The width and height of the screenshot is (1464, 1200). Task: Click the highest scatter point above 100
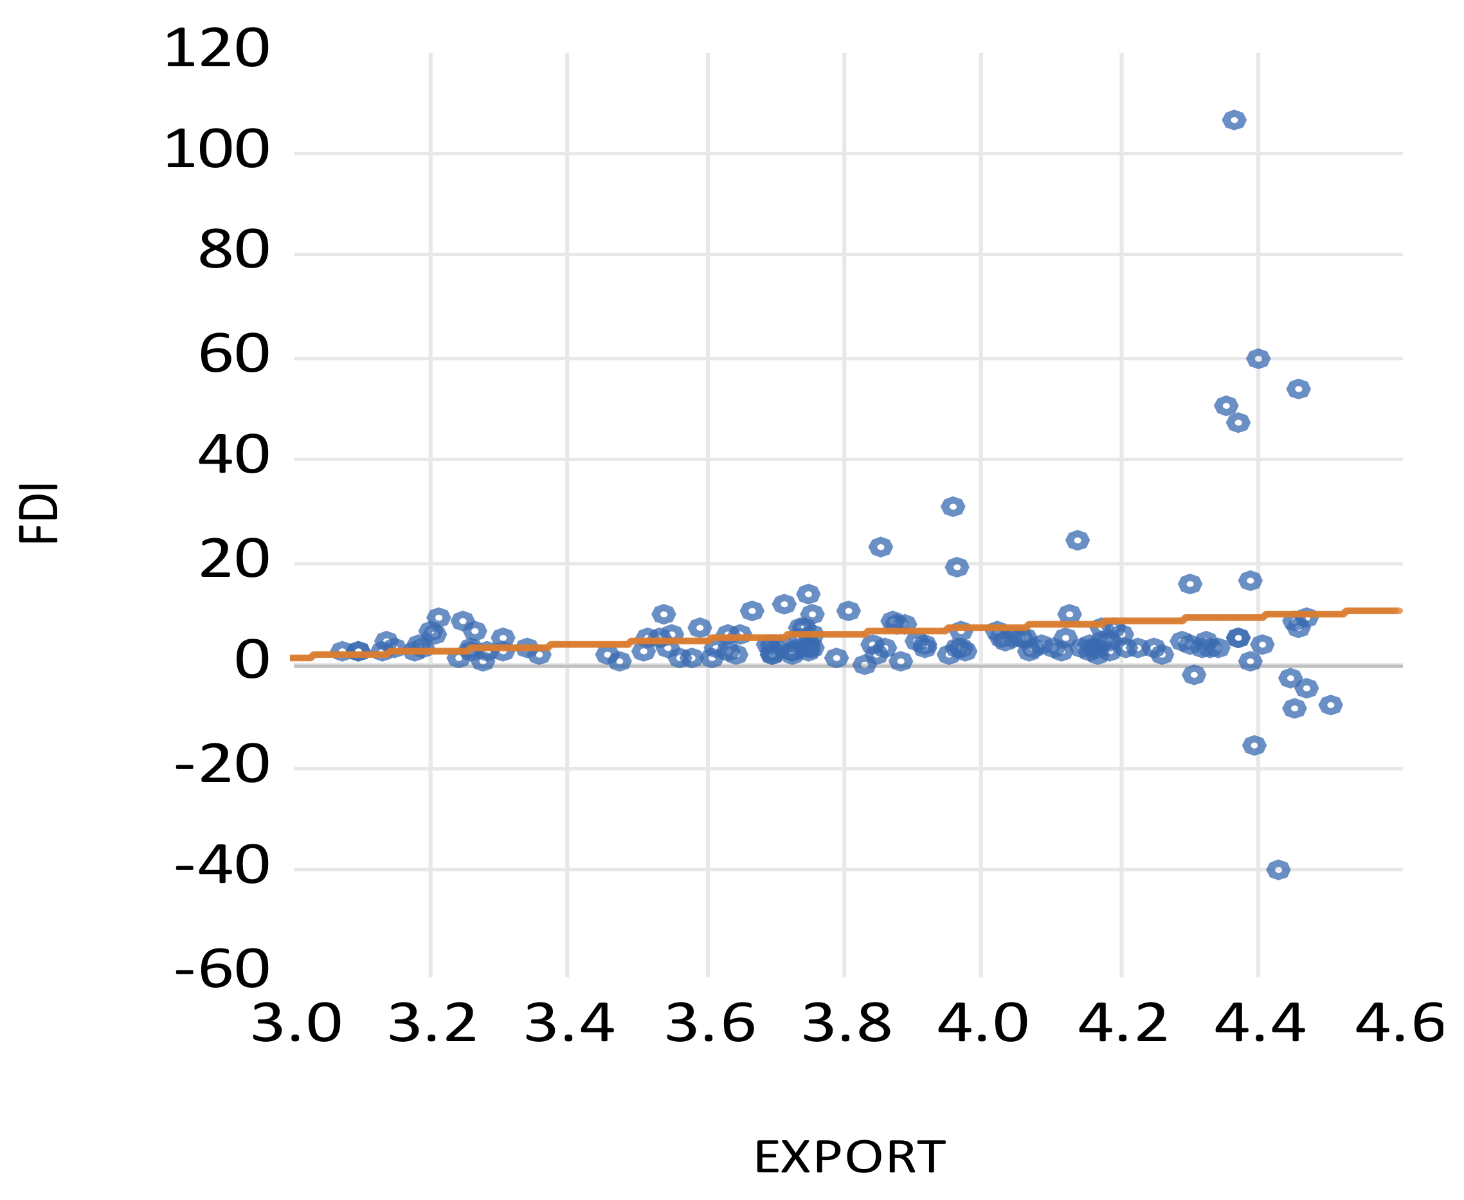1234,120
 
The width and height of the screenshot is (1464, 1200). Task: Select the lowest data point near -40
1278,869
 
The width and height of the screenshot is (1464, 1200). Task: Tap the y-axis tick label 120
216,49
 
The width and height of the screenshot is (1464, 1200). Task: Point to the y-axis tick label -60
222,968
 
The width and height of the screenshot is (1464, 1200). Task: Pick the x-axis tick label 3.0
296,1023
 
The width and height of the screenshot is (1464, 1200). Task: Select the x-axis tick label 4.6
1399,1023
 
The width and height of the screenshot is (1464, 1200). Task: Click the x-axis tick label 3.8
846,1023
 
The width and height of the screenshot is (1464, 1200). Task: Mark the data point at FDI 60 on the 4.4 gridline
1258,359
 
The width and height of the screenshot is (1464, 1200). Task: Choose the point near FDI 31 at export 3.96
952,507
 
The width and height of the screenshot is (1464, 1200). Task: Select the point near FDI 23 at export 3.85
880,547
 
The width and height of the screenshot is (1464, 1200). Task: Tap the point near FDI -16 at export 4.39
1254,745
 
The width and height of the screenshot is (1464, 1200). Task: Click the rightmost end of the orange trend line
1398,611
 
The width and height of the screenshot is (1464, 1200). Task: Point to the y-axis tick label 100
216,150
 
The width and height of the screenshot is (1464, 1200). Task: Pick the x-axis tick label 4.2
1123,1023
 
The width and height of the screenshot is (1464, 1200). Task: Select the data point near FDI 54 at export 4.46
1298,389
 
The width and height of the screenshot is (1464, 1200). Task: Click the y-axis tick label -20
222,765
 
